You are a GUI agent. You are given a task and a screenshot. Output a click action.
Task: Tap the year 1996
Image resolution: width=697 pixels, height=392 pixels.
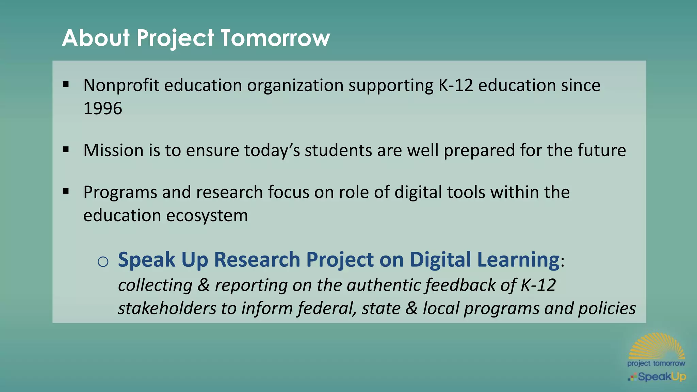tap(102, 109)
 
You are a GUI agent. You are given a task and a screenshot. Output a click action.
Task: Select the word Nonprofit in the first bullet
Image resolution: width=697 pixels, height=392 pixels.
tap(121, 85)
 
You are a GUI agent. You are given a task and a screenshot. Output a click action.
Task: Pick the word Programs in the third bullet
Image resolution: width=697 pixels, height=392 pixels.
tap(120, 193)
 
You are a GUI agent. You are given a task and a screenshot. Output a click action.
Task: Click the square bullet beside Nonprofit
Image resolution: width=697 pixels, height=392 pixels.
tap(66, 84)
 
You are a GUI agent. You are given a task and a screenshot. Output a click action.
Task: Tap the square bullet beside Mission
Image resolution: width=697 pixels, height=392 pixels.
tap(66, 149)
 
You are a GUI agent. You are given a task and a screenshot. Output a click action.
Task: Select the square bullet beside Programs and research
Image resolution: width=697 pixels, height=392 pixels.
tap(66, 191)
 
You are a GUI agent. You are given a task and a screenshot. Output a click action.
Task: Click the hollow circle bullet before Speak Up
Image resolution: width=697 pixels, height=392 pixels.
tap(103, 261)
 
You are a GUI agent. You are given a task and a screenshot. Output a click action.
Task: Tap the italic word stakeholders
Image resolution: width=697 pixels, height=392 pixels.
tap(167, 308)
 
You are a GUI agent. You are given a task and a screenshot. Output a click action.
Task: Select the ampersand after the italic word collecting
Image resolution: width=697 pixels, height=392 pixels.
tap(203, 285)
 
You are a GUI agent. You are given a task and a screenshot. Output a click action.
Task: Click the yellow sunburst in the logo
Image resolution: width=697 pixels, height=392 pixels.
tap(657, 346)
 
